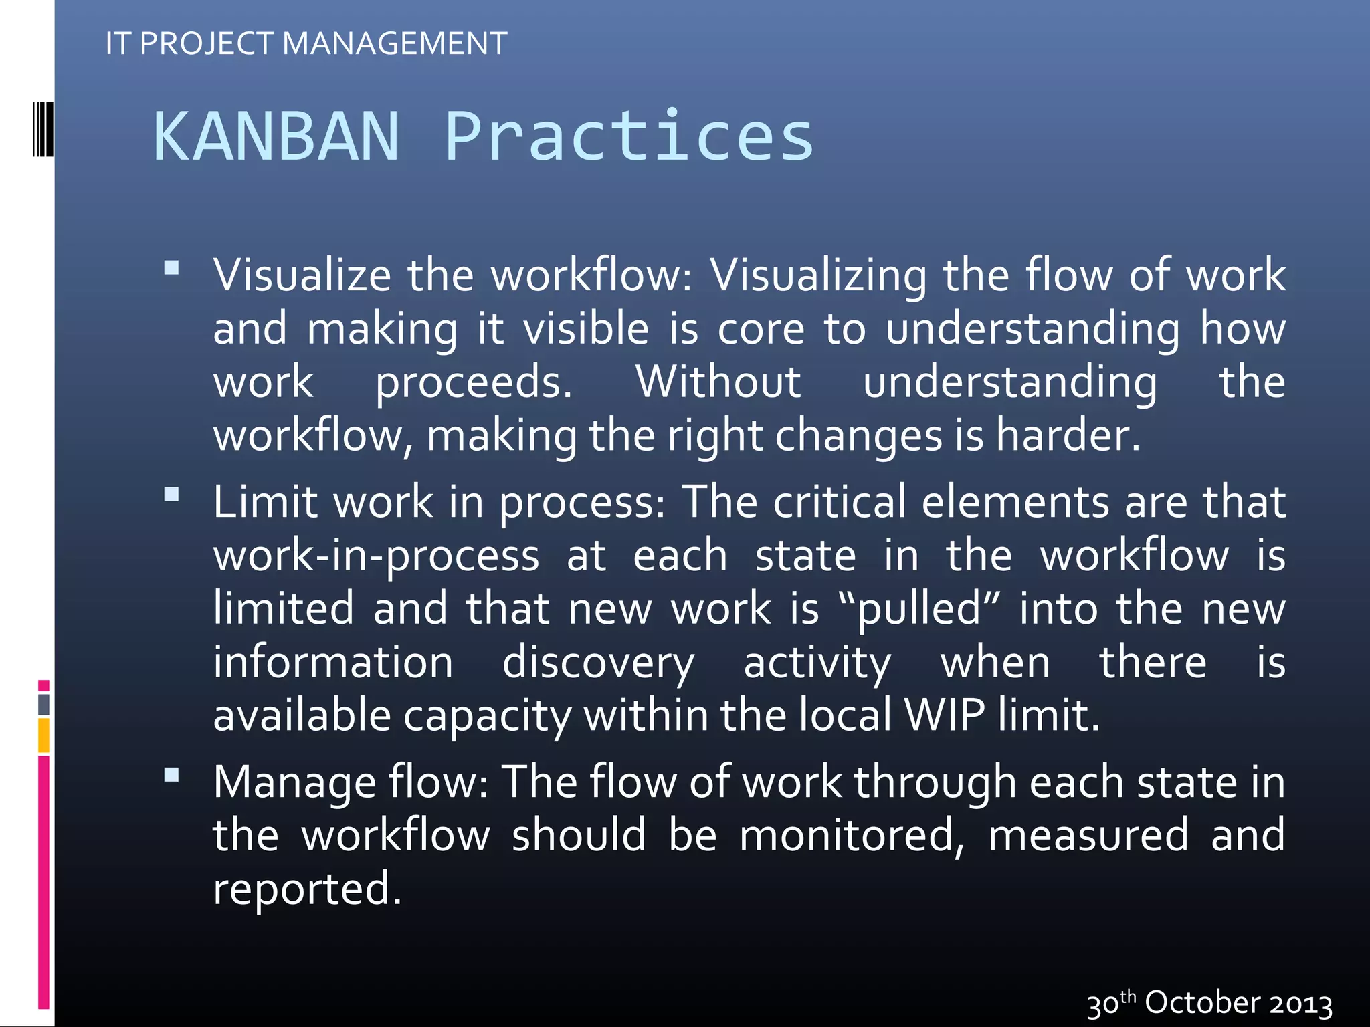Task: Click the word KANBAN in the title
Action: [x=276, y=137]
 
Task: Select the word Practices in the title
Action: [x=629, y=137]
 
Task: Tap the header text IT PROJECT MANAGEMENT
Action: [x=306, y=44]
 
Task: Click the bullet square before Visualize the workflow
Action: [x=172, y=269]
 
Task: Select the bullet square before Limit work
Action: [x=172, y=495]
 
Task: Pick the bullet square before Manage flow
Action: [x=172, y=775]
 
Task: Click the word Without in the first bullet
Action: [x=718, y=382]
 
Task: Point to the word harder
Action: [x=1068, y=435]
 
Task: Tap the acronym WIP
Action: [x=944, y=715]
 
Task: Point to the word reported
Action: [x=307, y=889]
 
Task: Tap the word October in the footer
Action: [x=1202, y=1003]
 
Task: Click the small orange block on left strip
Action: [x=43, y=735]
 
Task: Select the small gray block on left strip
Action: [x=43, y=705]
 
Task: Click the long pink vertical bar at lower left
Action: [x=43, y=883]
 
